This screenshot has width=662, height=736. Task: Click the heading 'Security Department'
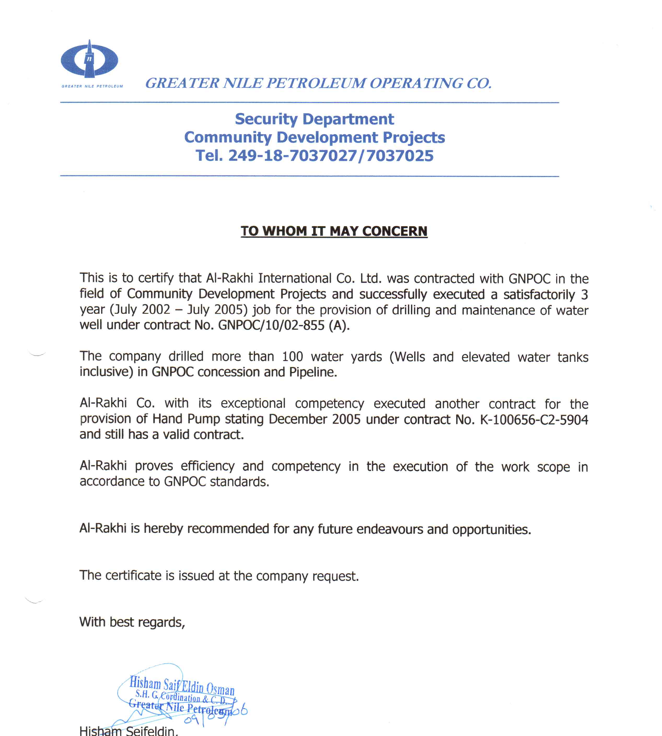[314, 119]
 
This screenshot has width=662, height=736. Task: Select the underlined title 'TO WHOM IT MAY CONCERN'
[334, 231]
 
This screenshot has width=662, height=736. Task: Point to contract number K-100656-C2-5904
[534, 420]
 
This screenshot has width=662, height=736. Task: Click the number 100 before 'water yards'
[292, 357]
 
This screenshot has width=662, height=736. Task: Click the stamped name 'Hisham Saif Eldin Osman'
[182, 686]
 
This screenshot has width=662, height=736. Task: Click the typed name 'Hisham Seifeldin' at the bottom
[128, 731]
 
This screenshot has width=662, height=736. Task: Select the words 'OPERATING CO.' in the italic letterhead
[431, 83]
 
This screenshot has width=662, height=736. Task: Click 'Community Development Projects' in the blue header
[314, 138]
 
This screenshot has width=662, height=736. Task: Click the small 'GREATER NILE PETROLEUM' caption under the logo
[92, 86]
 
